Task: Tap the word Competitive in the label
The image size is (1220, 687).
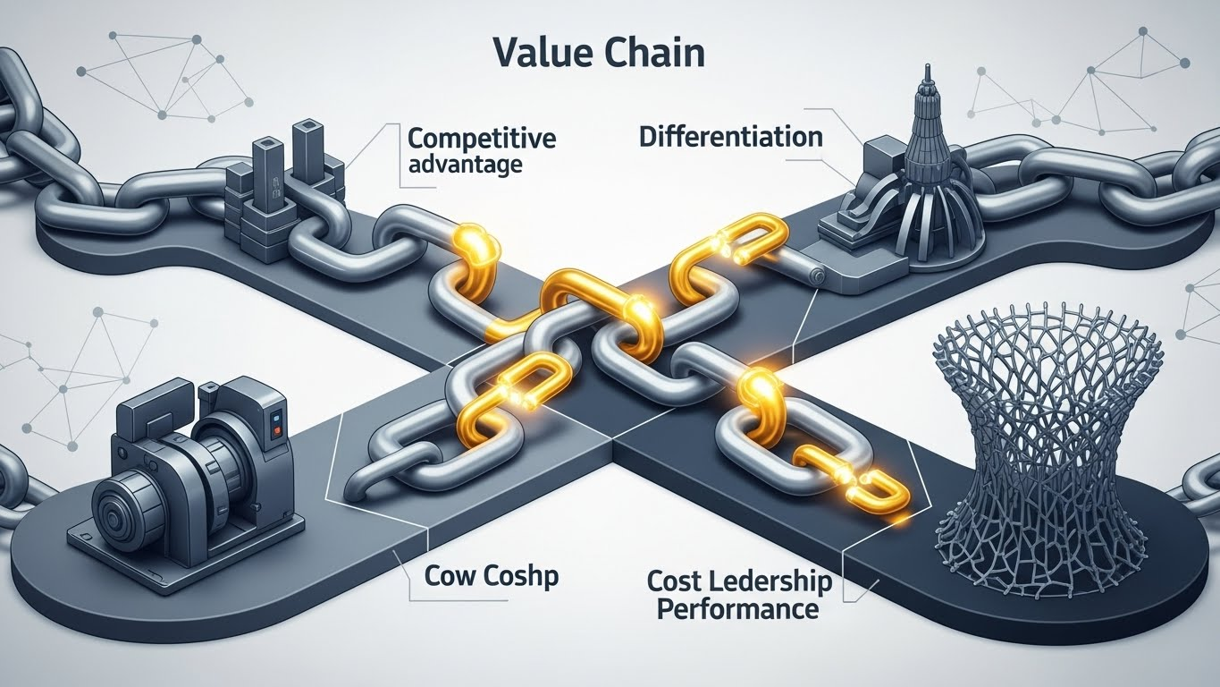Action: pos(481,139)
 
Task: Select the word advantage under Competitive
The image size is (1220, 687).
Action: pos(465,165)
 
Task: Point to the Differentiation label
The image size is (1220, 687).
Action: pos(730,138)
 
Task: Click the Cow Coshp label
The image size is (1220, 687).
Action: pos(492,576)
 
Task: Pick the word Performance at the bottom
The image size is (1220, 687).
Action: pos(736,610)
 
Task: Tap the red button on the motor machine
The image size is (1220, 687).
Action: pos(276,430)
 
